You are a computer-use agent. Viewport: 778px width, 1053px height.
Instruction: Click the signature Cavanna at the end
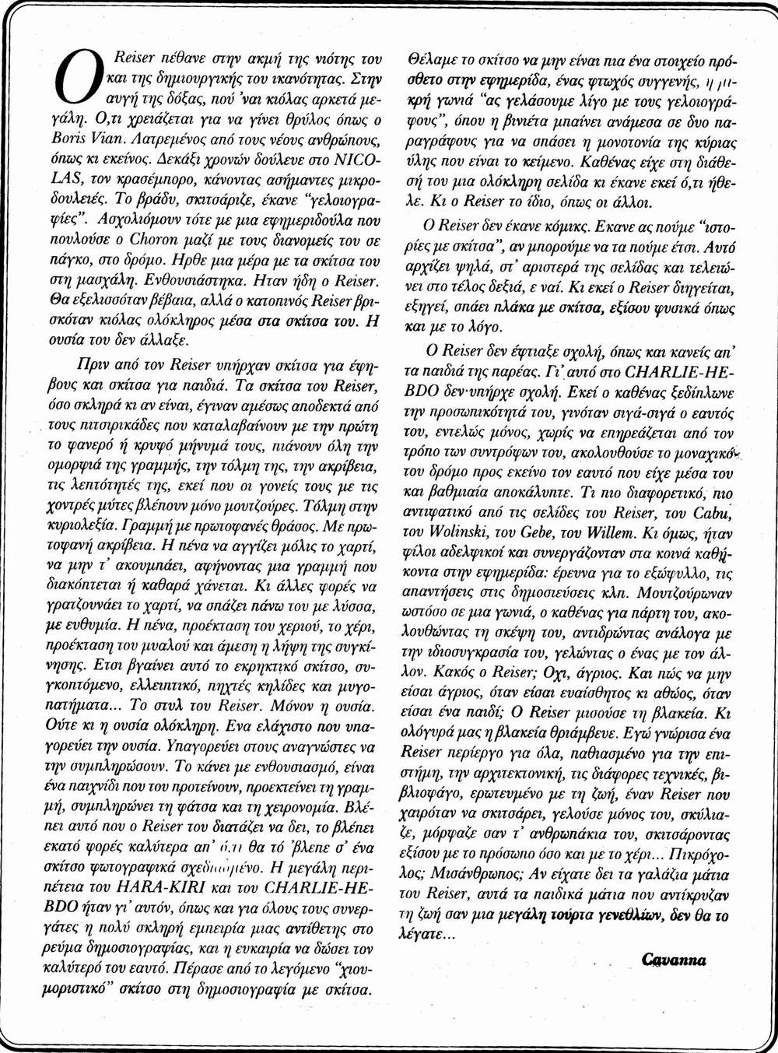pos(674,960)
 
